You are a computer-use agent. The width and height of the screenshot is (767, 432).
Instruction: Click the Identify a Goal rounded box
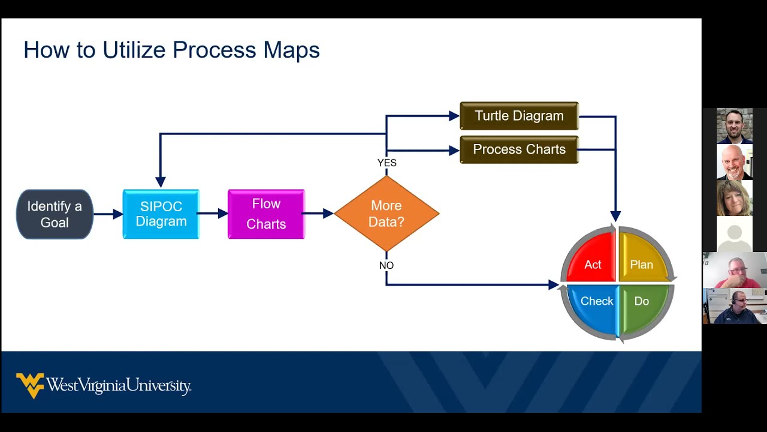(x=55, y=214)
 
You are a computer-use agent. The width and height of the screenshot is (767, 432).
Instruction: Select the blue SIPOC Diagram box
(x=161, y=214)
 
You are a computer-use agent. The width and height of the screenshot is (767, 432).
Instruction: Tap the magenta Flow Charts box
(x=266, y=214)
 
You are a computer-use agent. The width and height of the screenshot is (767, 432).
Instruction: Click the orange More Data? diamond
(x=386, y=214)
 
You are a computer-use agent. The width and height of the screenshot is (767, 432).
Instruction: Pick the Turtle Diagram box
(x=519, y=116)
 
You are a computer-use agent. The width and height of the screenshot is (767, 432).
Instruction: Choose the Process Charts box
(x=519, y=149)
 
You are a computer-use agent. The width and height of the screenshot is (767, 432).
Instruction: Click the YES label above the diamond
(x=386, y=163)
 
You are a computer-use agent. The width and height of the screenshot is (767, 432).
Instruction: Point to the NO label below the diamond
(x=386, y=265)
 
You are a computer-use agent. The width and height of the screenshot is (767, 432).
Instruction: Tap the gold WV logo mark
(x=30, y=385)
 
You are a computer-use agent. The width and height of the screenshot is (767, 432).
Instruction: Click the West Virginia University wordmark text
(x=119, y=385)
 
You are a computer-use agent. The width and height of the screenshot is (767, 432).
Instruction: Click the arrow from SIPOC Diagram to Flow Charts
(x=213, y=213)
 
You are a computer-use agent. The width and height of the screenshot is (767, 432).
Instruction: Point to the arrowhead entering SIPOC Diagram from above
(x=160, y=182)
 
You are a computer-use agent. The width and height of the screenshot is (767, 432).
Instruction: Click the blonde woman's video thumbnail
(x=734, y=198)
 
